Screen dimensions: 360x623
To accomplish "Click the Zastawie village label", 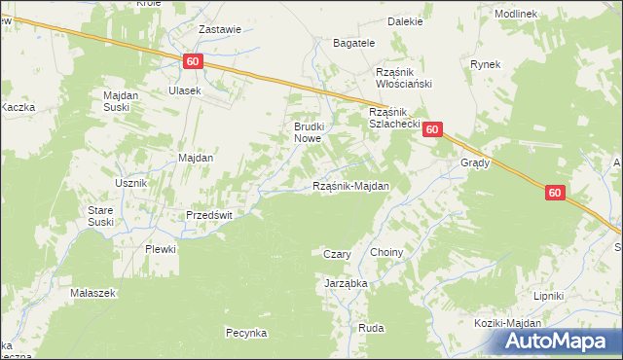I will pyautogui.click(x=219, y=29).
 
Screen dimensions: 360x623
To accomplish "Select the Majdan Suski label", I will pyautogui.click(x=123, y=100).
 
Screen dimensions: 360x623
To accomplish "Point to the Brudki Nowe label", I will pyautogui.click(x=314, y=132).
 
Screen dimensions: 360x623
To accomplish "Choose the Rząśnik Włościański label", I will pyautogui.click(x=403, y=78).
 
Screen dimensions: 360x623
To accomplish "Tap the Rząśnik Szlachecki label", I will pyautogui.click(x=393, y=119).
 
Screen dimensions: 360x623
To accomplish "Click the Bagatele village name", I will pyautogui.click(x=354, y=44).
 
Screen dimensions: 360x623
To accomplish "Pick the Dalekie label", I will pyautogui.click(x=404, y=20).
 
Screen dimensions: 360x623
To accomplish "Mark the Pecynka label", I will pyautogui.click(x=246, y=333).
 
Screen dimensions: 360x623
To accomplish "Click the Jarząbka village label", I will pyautogui.click(x=345, y=283).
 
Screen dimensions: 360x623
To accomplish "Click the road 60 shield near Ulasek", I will pyautogui.click(x=193, y=62).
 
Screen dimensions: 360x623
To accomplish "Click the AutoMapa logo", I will pyautogui.click(x=557, y=341).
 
